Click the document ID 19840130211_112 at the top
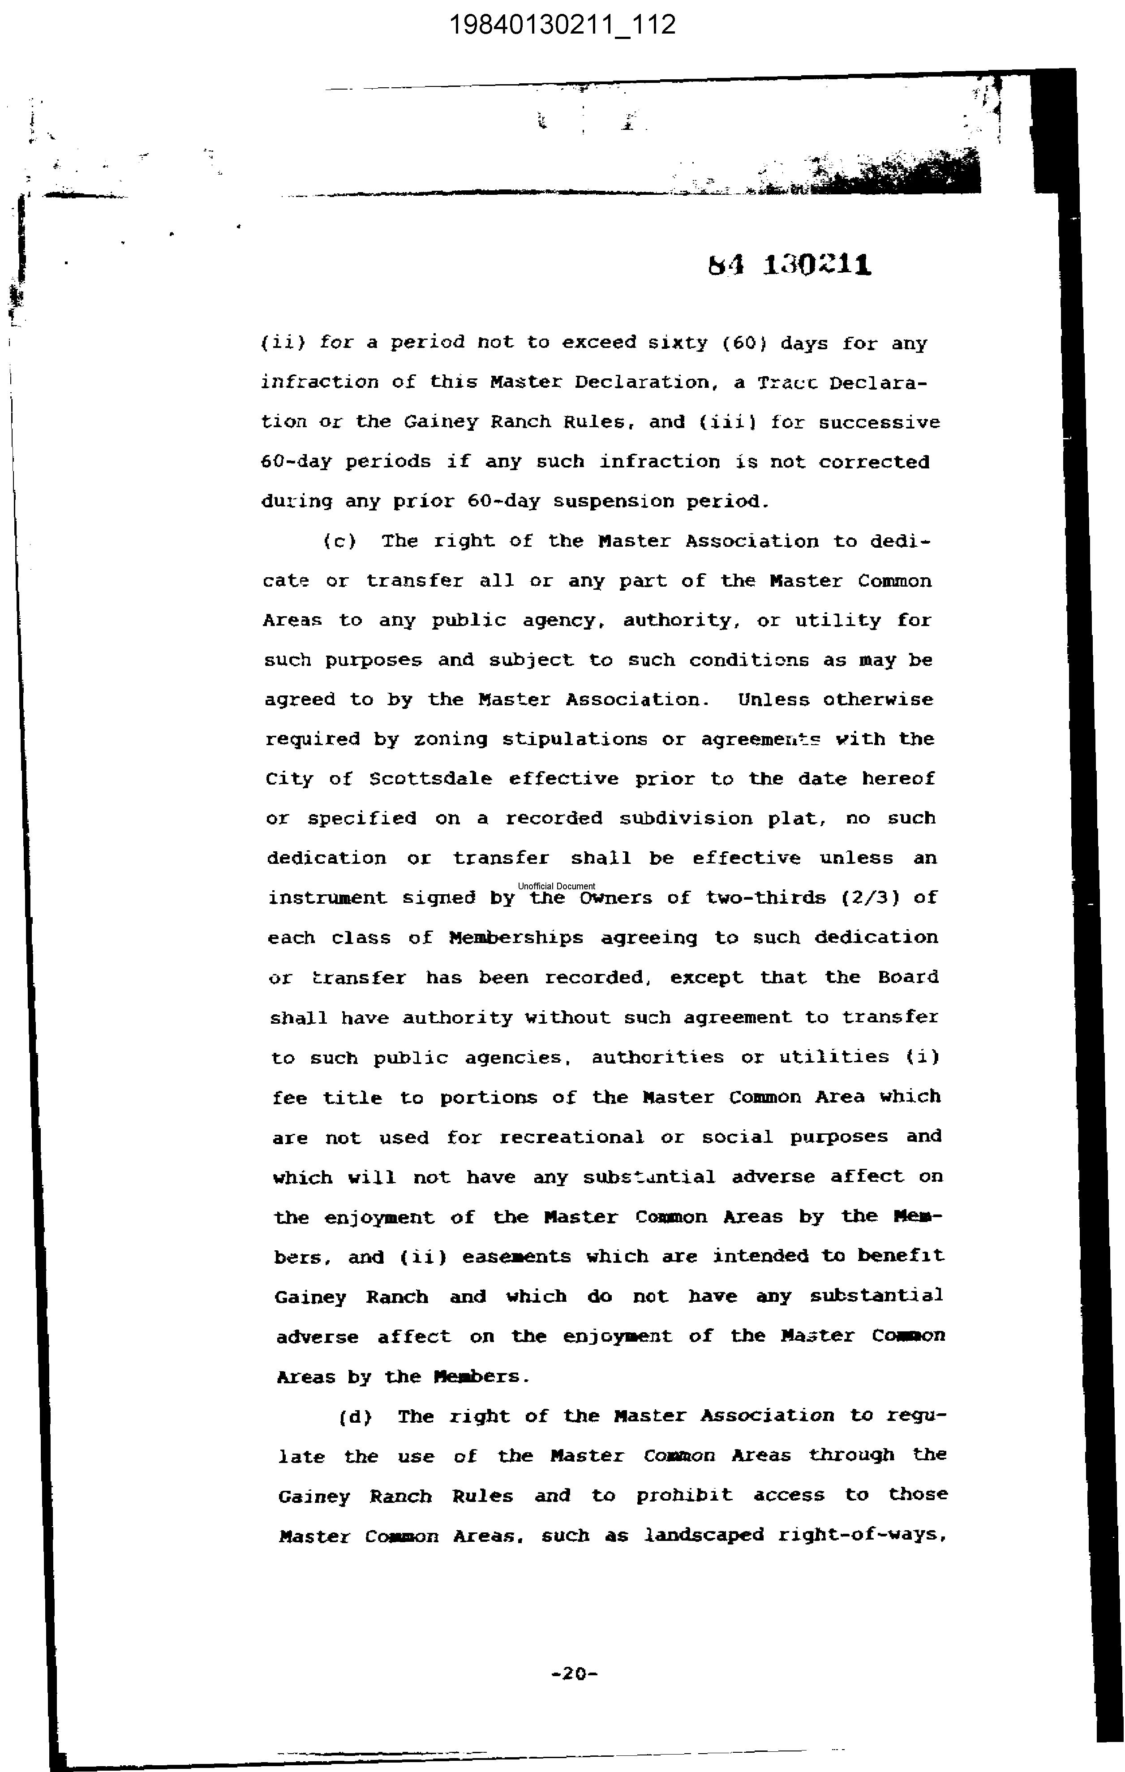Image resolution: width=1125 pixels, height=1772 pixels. tap(562, 25)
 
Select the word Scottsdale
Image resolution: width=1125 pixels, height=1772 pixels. tap(430, 779)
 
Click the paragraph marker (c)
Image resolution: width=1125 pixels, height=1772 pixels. tap(339, 541)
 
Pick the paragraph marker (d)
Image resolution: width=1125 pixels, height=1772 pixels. tap(356, 1416)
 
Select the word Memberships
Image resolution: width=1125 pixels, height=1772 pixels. tap(516, 938)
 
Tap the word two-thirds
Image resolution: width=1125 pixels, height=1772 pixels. tap(766, 898)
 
